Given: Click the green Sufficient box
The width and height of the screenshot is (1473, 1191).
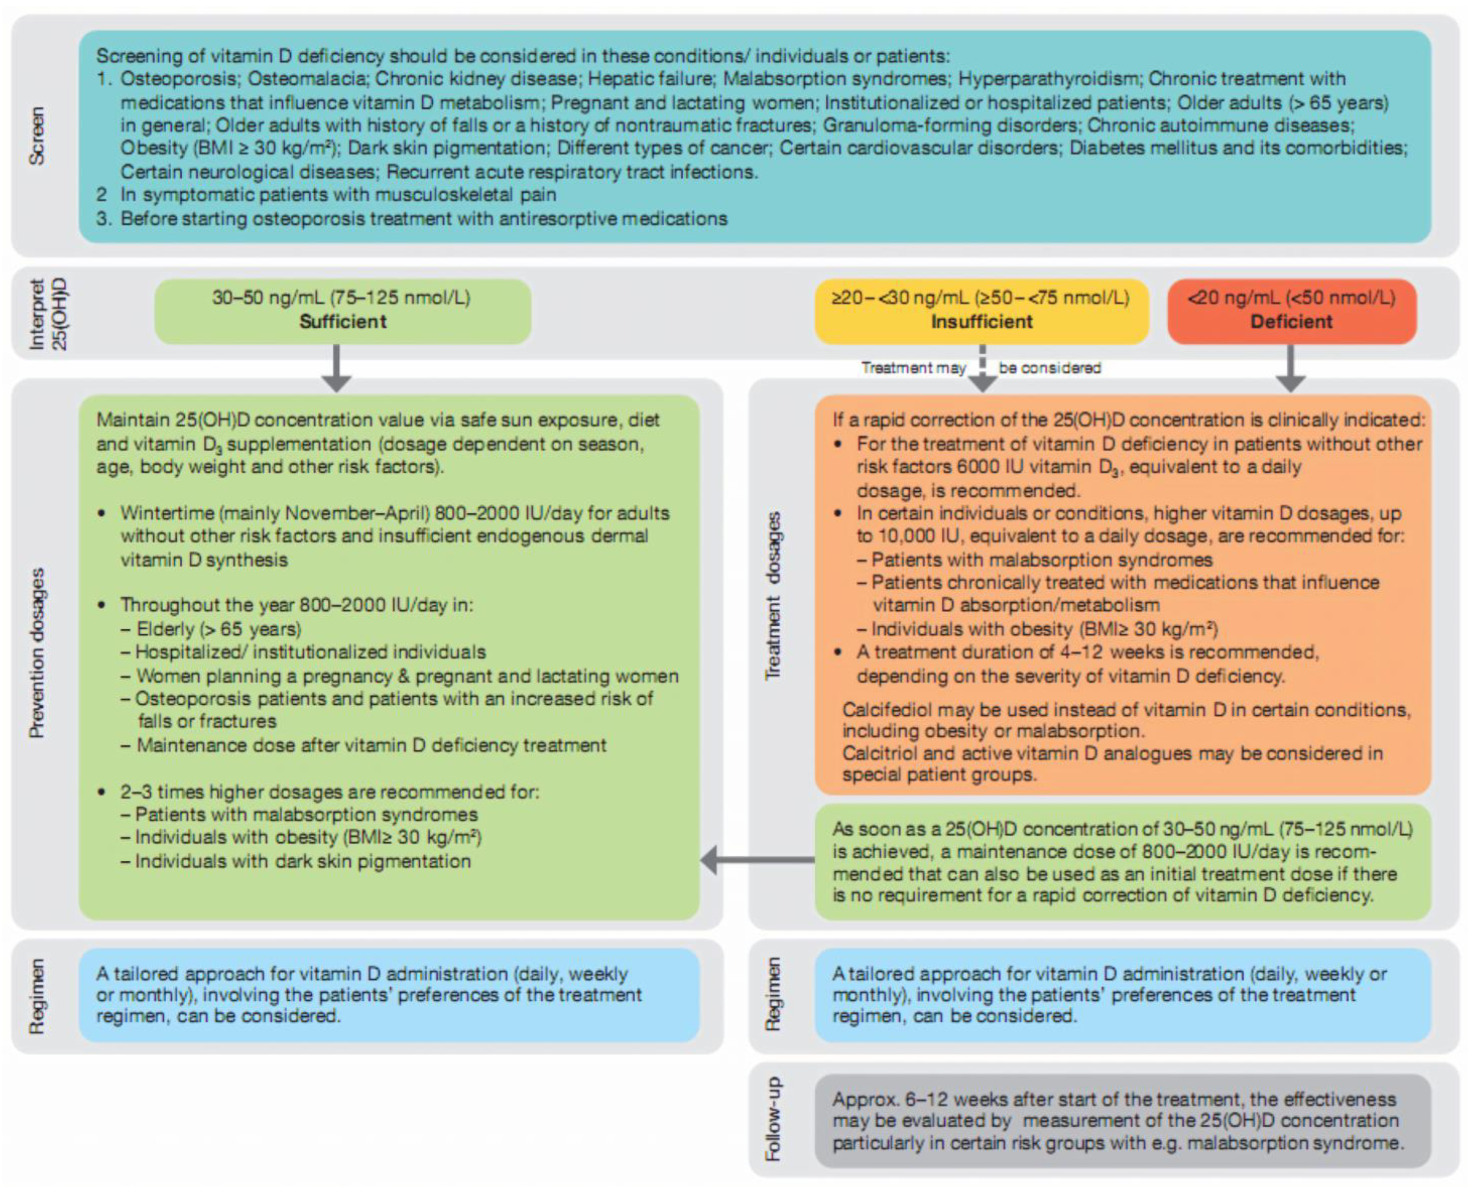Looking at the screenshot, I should (x=343, y=311).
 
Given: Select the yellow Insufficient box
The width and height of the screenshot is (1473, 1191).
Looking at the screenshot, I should (x=981, y=311).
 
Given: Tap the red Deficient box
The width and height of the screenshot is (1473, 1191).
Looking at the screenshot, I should (x=1291, y=311).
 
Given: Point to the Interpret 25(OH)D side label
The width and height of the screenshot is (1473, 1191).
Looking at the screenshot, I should (x=48, y=313).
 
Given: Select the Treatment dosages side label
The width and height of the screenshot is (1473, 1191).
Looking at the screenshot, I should (x=773, y=595).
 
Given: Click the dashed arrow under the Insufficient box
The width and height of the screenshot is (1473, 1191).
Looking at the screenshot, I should (x=982, y=371).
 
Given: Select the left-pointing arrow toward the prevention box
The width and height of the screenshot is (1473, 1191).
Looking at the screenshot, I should (x=755, y=859).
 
